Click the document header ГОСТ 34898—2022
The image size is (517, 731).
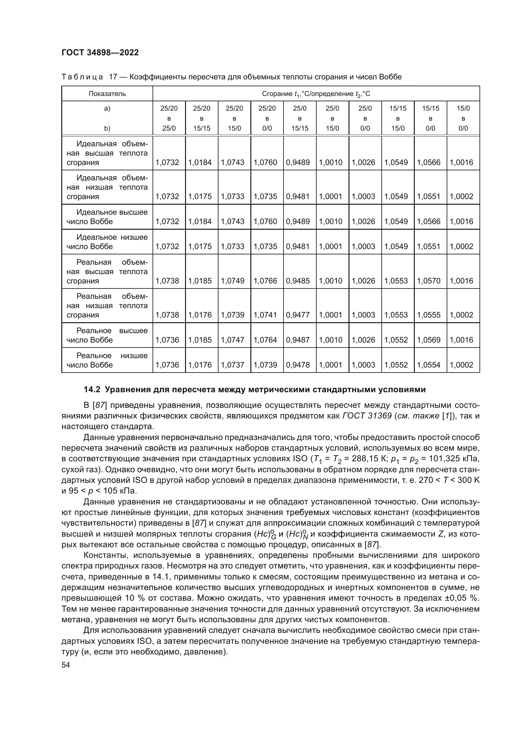tap(100, 53)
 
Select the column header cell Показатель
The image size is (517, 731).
tap(107, 94)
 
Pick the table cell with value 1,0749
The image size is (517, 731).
tap(234, 281)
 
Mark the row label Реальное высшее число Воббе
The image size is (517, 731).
tap(107, 335)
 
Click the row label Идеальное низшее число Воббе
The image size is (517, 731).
tap(107, 242)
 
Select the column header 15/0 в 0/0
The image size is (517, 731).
tap(463, 118)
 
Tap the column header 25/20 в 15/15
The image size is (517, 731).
tap(202, 118)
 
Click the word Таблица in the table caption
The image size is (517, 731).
tap(82, 77)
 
